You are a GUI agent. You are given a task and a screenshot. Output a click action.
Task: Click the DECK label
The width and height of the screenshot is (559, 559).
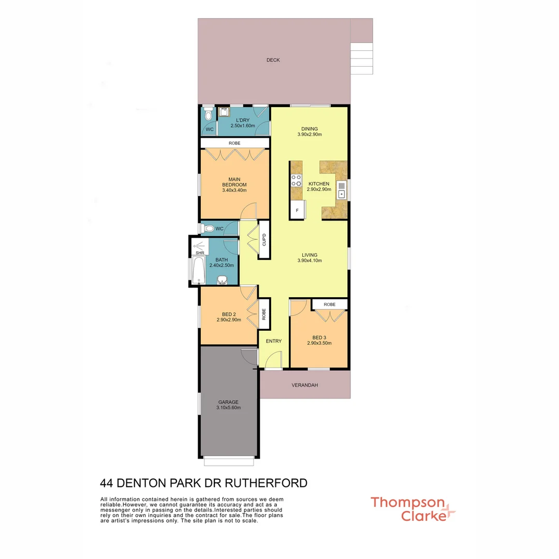click(x=273, y=60)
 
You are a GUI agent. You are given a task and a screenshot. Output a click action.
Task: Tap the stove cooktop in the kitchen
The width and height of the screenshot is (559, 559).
click(x=297, y=180)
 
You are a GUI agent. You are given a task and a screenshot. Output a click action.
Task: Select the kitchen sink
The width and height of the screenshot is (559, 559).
click(x=342, y=190)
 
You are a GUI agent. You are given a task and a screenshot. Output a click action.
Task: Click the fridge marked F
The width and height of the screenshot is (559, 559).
click(x=297, y=210)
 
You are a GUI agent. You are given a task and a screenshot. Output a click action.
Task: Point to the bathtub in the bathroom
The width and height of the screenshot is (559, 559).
click(x=198, y=269)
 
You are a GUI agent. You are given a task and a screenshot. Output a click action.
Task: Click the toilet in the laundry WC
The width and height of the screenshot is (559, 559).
click(x=208, y=113)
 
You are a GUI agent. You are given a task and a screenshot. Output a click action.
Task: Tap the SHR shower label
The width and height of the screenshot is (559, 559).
click(x=200, y=253)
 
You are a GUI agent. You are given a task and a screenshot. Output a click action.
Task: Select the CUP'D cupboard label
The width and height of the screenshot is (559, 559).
click(x=263, y=240)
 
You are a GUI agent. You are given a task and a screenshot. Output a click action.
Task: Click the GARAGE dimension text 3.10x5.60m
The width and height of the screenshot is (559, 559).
click(x=228, y=407)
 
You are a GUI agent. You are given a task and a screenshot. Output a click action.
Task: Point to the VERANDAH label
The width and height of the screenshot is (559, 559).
click(x=304, y=385)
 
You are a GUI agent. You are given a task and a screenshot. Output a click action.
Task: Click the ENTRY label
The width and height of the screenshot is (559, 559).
click(x=274, y=341)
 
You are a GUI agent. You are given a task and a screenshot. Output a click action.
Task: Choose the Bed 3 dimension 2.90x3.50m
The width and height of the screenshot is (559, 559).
click(x=319, y=343)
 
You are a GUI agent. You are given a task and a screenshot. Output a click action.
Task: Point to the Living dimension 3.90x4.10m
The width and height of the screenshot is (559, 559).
click(x=310, y=260)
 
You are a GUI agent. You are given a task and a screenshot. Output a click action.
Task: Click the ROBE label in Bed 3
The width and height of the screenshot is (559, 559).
click(x=330, y=304)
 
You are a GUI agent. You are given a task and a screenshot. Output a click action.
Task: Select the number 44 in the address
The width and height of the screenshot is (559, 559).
click(x=107, y=483)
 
